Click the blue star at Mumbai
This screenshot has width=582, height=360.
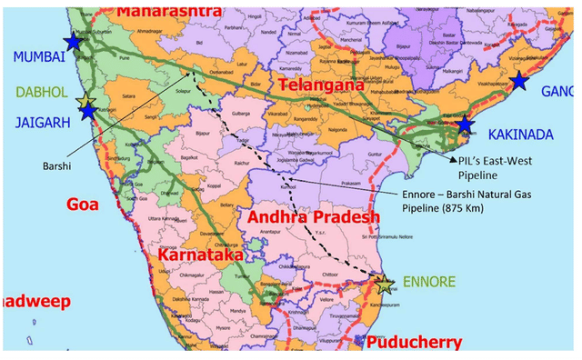[73, 42]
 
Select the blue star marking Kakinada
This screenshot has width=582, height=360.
[465, 125]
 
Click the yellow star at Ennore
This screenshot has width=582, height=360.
[386, 284]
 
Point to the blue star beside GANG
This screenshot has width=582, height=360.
[519, 81]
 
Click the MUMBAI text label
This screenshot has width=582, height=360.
[34, 56]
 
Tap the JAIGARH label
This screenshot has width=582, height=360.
[35, 118]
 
